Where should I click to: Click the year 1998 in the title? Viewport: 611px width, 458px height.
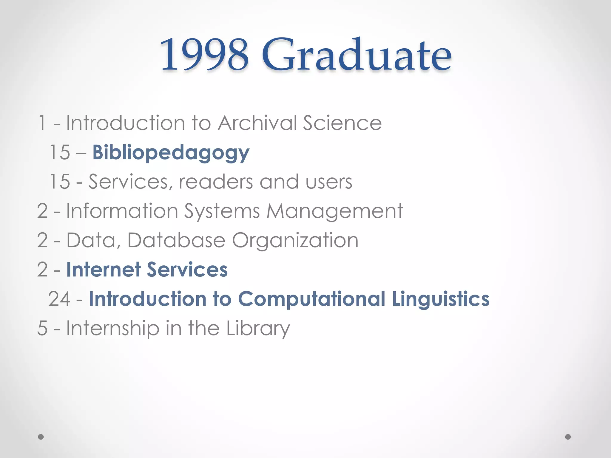click(x=204, y=55)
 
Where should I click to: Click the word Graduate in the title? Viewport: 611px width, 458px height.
click(x=357, y=55)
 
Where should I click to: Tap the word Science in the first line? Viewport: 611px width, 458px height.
click(x=342, y=123)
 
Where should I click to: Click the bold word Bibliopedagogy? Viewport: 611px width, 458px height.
click(x=171, y=153)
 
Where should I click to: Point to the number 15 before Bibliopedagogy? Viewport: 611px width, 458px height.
click(x=60, y=152)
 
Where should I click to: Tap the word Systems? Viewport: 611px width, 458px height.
click(x=222, y=211)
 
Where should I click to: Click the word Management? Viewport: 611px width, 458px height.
click(x=334, y=211)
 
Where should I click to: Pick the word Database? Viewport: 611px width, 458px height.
click(x=176, y=240)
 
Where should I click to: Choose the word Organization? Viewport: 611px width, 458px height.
click(x=295, y=240)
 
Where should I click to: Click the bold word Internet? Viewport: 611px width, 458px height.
click(x=103, y=270)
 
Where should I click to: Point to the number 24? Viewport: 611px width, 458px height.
click(x=59, y=299)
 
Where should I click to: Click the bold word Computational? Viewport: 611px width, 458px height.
click(x=312, y=299)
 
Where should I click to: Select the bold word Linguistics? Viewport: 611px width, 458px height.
click(x=441, y=299)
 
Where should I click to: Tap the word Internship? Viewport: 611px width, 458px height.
click(x=113, y=328)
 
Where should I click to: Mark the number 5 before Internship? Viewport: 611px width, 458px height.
click(x=42, y=328)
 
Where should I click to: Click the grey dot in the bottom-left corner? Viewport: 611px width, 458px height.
click(x=41, y=437)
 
